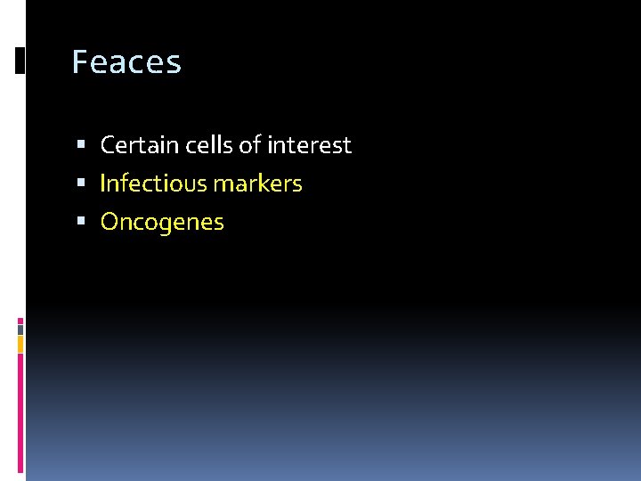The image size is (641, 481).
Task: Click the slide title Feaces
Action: tap(126, 62)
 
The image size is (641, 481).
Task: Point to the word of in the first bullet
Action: tap(249, 144)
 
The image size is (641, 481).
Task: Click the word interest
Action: tap(310, 144)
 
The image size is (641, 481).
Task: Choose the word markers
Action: tap(258, 183)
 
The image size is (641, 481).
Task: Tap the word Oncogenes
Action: tap(162, 222)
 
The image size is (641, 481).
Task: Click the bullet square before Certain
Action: tap(81, 144)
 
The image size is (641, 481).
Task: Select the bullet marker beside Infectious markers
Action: tap(81, 183)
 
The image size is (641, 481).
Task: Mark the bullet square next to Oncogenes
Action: tap(81, 222)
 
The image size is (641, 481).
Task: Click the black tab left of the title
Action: tap(20, 60)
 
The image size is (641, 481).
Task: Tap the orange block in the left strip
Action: tap(20, 343)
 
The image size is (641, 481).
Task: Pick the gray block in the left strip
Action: tap(20, 329)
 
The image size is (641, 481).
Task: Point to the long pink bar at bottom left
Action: tap(20, 414)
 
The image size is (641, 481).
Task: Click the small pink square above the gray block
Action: tap(20, 320)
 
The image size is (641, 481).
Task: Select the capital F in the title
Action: tap(79, 62)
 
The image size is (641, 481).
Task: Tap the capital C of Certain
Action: tap(108, 144)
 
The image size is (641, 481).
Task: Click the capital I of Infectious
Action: tap(102, 183)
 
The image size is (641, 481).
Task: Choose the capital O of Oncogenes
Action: tap(110, 222)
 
